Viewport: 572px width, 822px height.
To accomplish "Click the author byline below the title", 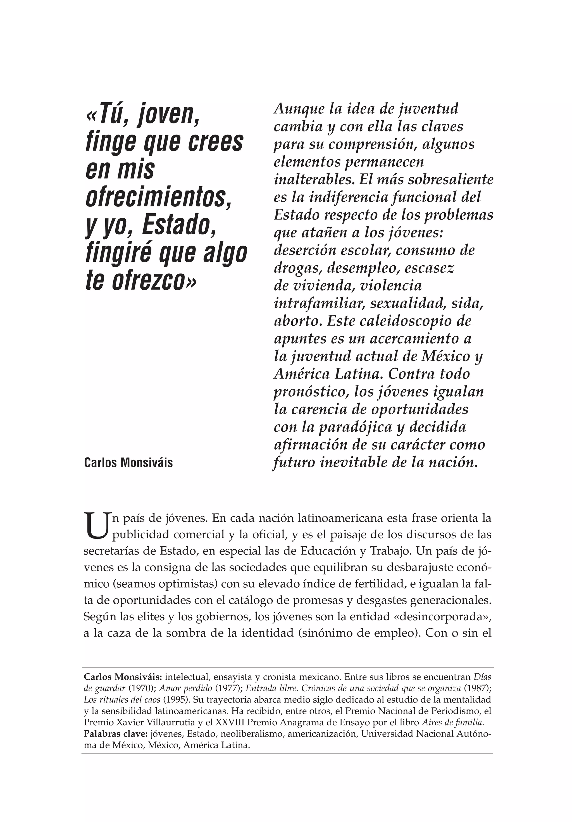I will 128,463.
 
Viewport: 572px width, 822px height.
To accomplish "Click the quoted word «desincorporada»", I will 442,616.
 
